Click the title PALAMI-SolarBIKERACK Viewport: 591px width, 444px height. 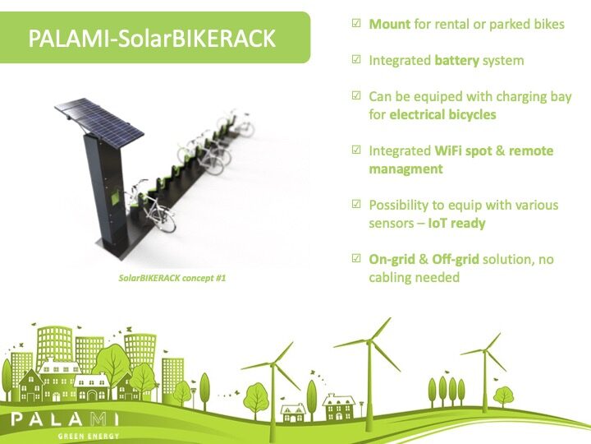pyautogui.click(x=152, y=38)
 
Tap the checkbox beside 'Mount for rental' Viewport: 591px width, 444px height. pyautogui.click(x=356, y=23)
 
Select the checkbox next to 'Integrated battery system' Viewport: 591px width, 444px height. pyautogui.click(x=356, y=60)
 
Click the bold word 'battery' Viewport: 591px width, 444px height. pyautogui.click(x=457, y=60)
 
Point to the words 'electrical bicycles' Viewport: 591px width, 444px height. pyautogui.click(x=442, y=114)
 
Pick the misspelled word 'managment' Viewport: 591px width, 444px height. pyautogui.click(x=405, y=169)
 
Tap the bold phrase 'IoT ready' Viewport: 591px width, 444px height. pyautogui.click(x=457, y=223)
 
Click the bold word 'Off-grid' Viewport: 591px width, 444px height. pyautogui.click(x=456, y=259)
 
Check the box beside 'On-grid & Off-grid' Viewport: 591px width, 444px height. pyautogui.click(x=356, y=258)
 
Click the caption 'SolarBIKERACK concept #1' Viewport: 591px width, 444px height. pyautogui.click(x=172, y=278)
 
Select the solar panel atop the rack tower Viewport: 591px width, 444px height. pyautogui.click(x=99, y=123)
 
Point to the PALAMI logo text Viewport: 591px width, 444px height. pyautogui.click(x=65, y=419)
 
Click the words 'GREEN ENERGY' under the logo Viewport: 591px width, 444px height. pyautogui.click(x=89, y=437)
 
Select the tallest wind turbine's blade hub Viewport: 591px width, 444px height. pyautogui.click(x=369, y=342)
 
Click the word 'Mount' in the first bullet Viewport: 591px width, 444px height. pyautogui.click(x=390, y=24)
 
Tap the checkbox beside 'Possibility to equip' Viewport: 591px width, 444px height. pyautogui.click(x=356, y=204)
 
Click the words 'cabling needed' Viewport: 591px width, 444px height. pyautogui.click(x=415, y=278)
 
